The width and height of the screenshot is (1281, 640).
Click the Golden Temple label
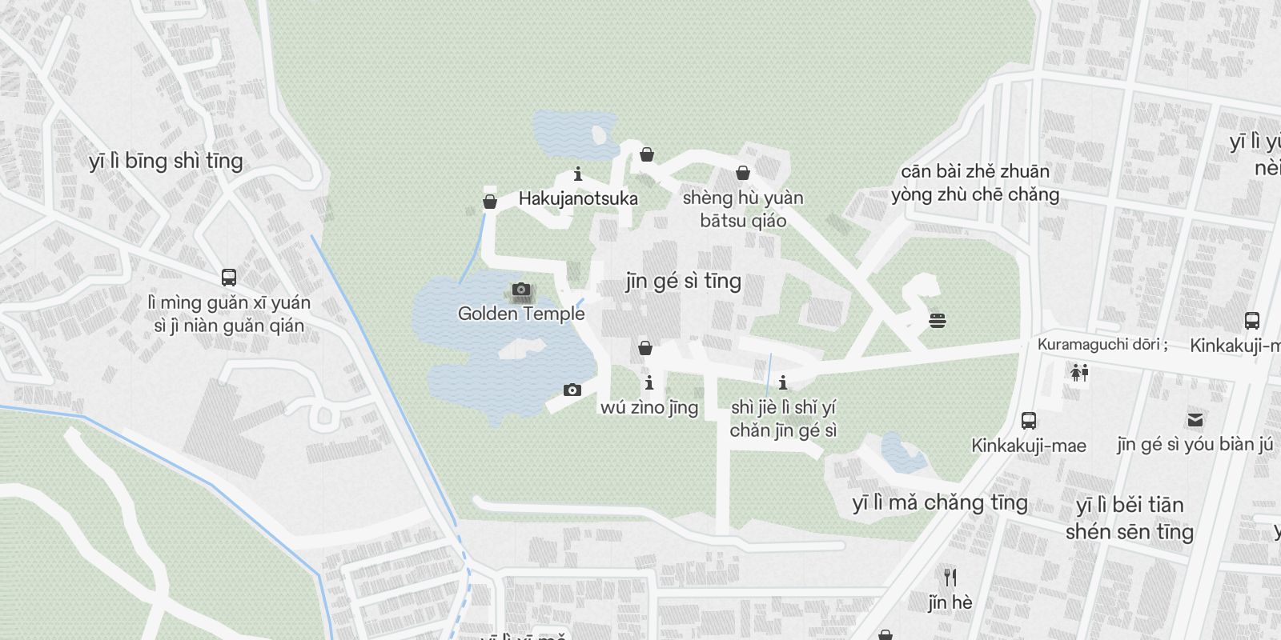click(x=521, y=314)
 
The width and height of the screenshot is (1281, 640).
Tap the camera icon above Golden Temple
click(x=521, y=290)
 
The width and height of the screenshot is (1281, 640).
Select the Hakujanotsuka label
click(x=578, y=198)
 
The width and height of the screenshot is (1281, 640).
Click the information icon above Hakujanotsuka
click(x=578, y=174)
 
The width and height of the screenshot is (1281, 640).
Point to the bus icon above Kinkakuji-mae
click(x=1029, y=420)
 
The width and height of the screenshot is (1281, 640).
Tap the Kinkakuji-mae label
click(x=1029, y=446)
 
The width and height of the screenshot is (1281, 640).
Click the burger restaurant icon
click(x=938, y=321)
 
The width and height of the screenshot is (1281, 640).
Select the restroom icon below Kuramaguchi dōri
click(x=1079, y=372)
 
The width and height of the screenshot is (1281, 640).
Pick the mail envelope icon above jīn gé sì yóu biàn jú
click(x=1195, y=419)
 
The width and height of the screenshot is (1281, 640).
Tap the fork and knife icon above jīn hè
click(x=950, y=577)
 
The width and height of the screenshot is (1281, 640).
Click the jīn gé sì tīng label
click(x=683, y=281)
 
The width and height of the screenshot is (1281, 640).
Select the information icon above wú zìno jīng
click(x=649, y=382)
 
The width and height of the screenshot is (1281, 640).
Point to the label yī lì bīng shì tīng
click(x=166, y=161)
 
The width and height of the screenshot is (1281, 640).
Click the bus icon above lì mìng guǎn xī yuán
click(x=229, y=278)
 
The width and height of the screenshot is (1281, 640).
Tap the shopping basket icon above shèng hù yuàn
click(x=743, y=173)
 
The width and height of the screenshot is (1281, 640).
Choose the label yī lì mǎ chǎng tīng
click(x=939, y=502)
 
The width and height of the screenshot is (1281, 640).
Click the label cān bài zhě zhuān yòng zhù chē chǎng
click(x=974, y=182)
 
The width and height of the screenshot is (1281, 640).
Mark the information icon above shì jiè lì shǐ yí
click(x=783, y=382)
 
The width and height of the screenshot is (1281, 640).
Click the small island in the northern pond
click(x=598, y=134)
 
